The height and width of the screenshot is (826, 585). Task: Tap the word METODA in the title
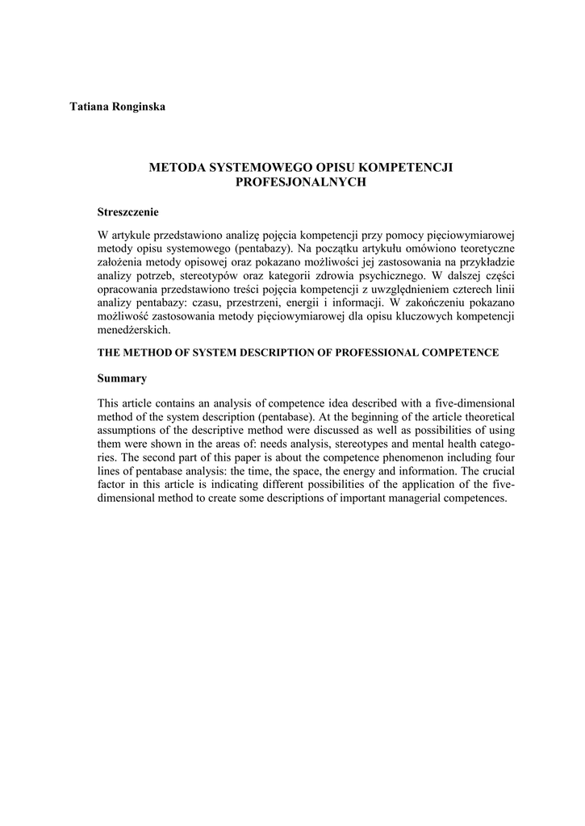(x=178, y=168)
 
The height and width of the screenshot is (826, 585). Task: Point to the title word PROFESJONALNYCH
(x=300, y=182)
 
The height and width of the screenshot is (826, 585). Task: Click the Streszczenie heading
(x=127, y=212)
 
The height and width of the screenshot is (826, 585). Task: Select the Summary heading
(x=121, y=378)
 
